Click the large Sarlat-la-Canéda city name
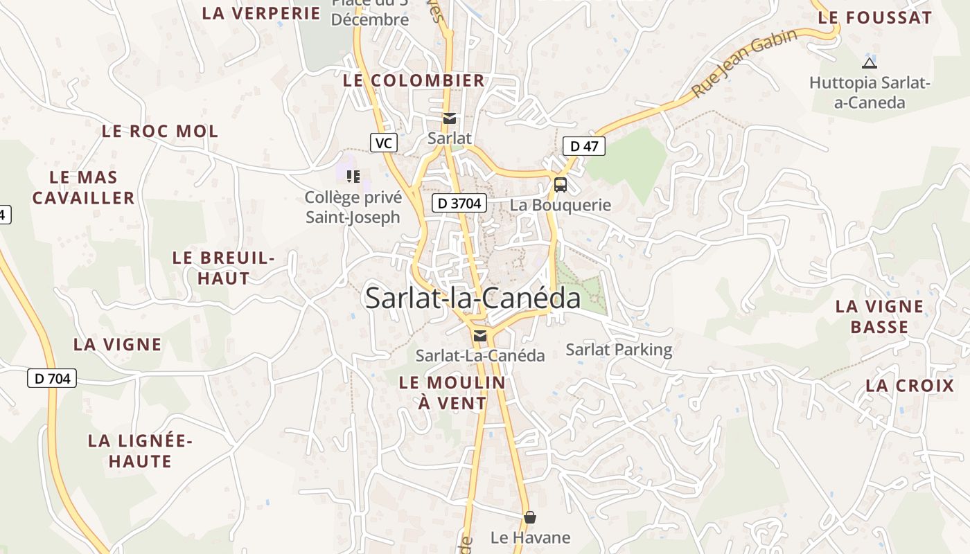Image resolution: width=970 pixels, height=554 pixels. click(473, 298)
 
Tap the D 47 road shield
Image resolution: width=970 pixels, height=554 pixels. click(584, 146)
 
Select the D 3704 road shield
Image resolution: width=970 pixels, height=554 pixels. click(459, 204)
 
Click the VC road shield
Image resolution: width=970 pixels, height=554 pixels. click(383, 143)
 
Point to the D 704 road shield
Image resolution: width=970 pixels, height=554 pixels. click(52, 378)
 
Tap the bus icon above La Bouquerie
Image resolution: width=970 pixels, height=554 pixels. click(561, 185)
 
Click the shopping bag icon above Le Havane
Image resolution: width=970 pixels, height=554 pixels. click(530, 517)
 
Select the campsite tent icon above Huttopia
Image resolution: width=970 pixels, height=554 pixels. click(869, 63)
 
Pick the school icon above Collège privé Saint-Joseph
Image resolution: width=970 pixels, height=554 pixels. click(353, 177)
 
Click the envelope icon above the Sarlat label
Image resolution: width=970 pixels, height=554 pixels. click(450, 118)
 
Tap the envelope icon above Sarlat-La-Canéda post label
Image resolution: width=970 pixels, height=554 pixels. click(479, 336)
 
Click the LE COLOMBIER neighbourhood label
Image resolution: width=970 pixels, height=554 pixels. click(414, 80)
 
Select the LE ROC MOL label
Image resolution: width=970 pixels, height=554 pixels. click(160, 131)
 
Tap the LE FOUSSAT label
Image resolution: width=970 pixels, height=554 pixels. click(874, 18)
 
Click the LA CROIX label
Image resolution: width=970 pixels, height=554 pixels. click(910, 386)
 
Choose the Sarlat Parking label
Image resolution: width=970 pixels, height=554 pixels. click(619, 350)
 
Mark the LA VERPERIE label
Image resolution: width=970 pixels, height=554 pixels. click(261, 12)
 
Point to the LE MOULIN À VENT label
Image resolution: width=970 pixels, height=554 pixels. click(452, 392)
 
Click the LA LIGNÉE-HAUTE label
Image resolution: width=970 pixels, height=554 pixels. click(140, 451)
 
